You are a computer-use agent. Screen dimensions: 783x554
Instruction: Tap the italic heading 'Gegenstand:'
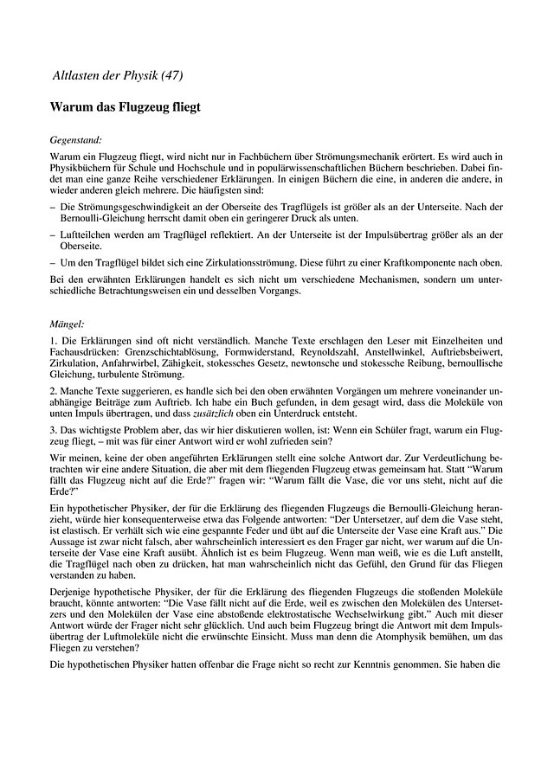pos(76,138)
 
